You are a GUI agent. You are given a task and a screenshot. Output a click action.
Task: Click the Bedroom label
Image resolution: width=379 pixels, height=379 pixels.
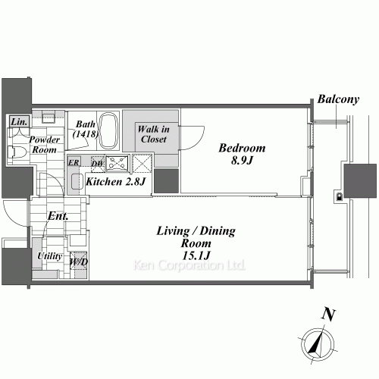pyautogui.click(x=242, y=148)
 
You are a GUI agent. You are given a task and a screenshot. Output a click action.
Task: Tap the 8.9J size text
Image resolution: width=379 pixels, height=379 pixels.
pyautogui.click(x=242, y=160)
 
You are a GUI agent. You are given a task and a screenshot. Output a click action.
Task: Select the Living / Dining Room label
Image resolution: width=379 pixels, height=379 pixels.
pyautogui.click(x=196, y=237)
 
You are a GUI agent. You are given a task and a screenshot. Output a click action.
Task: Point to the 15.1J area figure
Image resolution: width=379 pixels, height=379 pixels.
pyautogui.click(x=196, y=255)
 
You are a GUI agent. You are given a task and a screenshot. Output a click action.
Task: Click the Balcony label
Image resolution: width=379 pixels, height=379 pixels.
pyautogui.click(x=338, y=99)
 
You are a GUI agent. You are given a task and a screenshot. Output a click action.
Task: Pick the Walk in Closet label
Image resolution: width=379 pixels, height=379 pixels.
pyautogui.click(x=154, y=134)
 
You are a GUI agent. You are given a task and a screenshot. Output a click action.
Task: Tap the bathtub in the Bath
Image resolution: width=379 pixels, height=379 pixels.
pyautogui.click(x=108, y=131)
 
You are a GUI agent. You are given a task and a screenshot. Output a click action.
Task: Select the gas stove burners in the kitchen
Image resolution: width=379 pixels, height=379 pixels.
pyautogui.click(x=117, y=162)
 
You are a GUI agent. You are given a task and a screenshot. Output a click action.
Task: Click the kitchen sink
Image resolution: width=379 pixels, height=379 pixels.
pyautogui.click(x=77, y=181)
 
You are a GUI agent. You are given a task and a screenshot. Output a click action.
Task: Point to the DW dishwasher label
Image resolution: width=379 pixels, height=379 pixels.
pyautogui.click(x=97, y=164)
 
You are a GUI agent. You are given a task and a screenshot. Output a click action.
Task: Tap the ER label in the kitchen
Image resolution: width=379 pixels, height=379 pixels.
pyautogui.click(x=74, y=162)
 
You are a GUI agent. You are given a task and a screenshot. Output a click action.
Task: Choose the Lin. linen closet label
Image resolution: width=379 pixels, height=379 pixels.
pyautogui.click(x=19, y=122)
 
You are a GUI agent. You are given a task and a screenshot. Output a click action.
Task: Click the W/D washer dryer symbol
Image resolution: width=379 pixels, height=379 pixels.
pyautogui.click(x=79, y=262)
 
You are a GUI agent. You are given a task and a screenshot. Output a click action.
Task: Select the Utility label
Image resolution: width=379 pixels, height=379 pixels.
pyautogui.click(x=50, y=256)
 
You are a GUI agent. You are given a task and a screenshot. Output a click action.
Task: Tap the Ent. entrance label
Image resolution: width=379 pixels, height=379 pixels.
pyautogui.click(x=58, y=216)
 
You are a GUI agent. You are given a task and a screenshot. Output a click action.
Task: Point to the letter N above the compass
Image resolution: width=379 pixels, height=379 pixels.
pyautogui.click(x=328, y=315)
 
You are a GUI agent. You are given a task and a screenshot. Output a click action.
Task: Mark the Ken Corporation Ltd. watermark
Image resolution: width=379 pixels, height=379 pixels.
pyautogui.click(x=189, y=265)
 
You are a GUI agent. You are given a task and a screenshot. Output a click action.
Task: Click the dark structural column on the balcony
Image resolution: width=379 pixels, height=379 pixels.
pyautogui.click(x=360, y=180)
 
